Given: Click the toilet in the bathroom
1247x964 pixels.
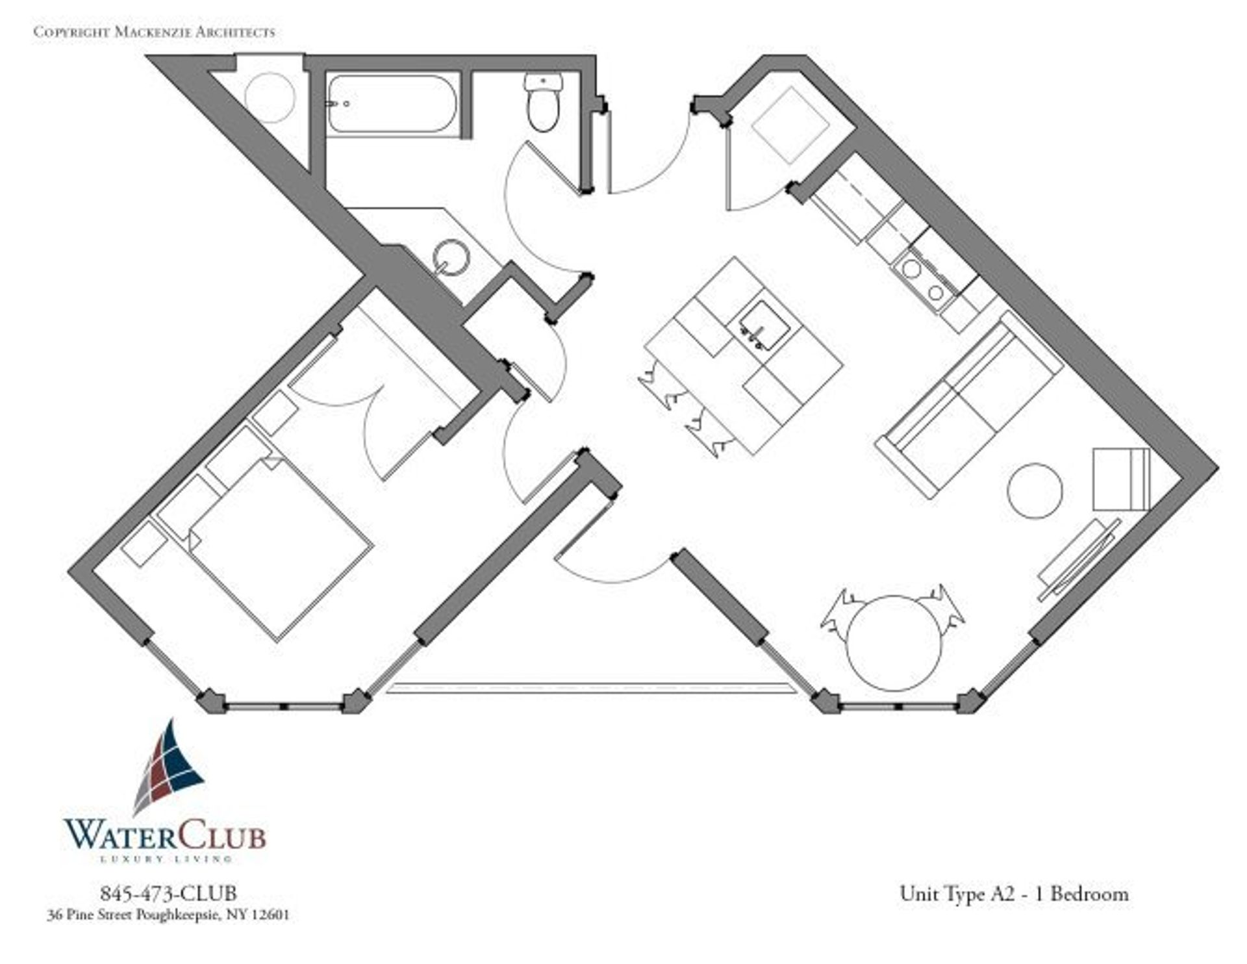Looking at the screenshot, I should (x=544, y=104).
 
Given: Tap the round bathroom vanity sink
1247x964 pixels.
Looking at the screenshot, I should (x=451, y=257).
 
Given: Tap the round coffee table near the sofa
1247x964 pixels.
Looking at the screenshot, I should (x=1035, y=490).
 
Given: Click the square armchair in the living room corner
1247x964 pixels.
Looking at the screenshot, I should (x=1121, y=479).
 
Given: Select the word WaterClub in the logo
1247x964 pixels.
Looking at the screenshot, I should (x=165, y=835).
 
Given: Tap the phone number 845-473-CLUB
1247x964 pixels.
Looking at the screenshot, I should (x=168, y=893).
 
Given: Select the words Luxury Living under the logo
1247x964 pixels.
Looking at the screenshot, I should (x=165, y=859).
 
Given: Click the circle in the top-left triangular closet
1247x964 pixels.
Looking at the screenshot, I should (x=270, y=97).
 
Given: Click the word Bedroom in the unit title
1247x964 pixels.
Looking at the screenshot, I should (x=1089, y=894).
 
